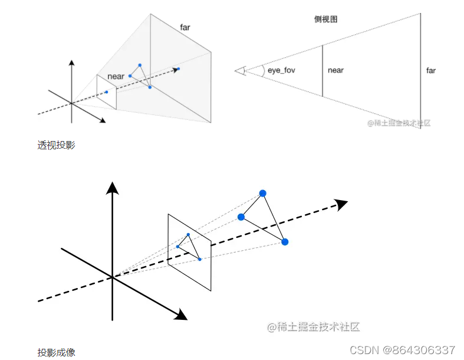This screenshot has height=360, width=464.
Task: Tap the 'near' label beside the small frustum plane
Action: (116, 77)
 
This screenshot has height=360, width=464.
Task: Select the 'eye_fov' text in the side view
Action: (281, 70)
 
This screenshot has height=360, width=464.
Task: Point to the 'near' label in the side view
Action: (335, 70)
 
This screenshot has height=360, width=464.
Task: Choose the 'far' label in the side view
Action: (431, 71)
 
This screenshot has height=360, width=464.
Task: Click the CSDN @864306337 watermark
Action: (402, 349)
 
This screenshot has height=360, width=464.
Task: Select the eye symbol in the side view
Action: (240, 71)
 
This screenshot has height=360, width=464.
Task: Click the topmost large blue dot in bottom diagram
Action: (263, 193)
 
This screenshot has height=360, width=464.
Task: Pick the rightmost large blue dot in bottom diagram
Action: (285, 242)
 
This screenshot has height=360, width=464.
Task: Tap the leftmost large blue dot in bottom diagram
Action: (241, 217)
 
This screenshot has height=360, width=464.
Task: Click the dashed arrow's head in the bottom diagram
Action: (341, 204)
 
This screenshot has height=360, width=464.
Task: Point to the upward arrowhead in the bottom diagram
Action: (112, 188)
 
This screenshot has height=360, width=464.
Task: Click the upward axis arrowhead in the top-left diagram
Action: (71, 63)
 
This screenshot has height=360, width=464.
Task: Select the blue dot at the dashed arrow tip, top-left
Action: (179, 69)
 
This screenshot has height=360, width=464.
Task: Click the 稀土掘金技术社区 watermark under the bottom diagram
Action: (313, 326)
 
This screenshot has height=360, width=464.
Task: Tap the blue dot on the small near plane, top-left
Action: (107, 92)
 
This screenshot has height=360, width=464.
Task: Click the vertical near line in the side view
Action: (323, 71)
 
